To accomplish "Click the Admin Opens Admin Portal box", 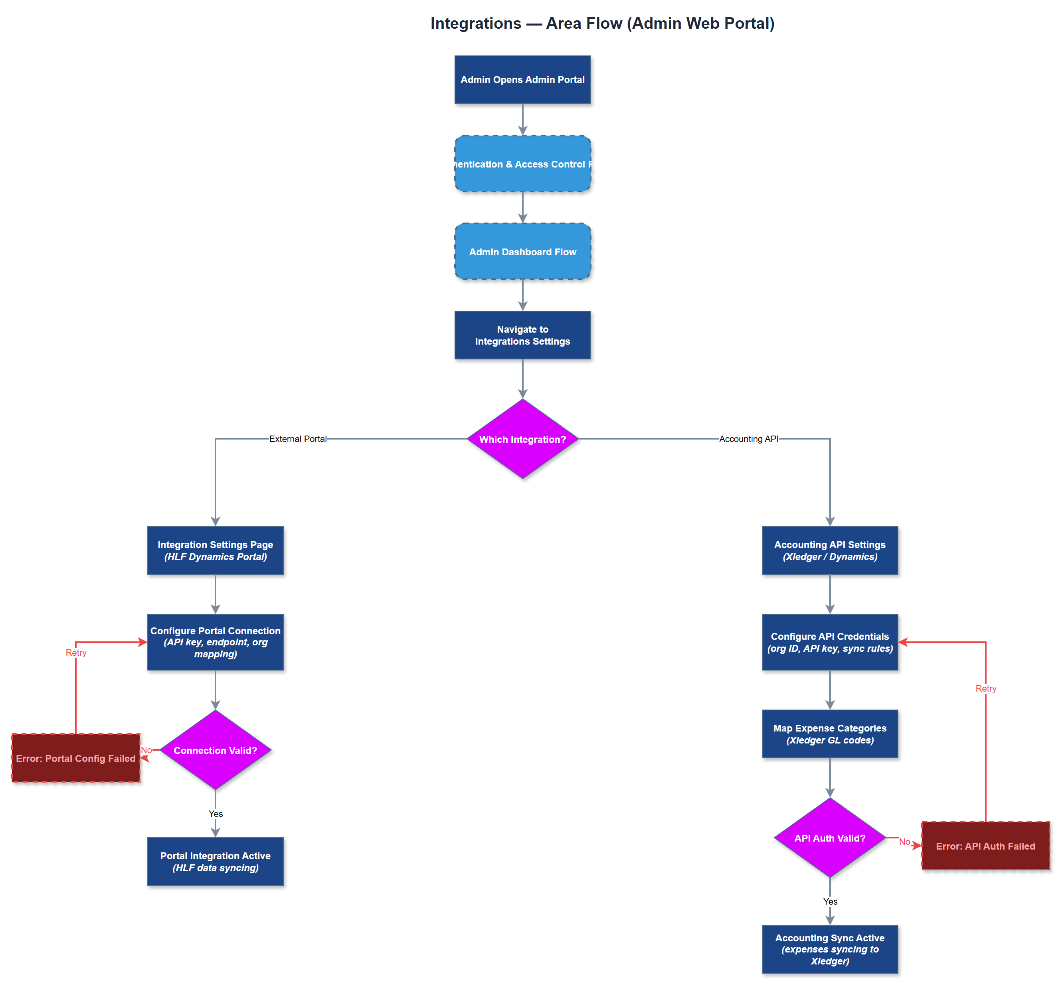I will (522, 80).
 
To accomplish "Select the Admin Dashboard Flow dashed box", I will (522, 251).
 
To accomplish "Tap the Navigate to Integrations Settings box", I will (522, 335).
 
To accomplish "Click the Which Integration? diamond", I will (522, 439).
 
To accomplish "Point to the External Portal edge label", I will (298, 439).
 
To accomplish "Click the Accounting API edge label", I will (748, 439).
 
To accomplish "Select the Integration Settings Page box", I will (215, 550).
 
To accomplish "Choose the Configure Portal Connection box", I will (215, 642).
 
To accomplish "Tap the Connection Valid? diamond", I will (215, 750).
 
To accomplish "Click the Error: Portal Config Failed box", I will (76, 758).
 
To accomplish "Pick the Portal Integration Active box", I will (215, 861).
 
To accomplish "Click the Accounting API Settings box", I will (829, 550).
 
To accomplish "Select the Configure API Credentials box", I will (829, 642).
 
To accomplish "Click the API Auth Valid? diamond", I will (829, 838).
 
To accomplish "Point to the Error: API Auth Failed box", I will (985, 846).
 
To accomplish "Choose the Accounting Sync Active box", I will (829, 949).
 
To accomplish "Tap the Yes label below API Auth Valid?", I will (830, 901).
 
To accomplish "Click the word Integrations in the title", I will (476, 24).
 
